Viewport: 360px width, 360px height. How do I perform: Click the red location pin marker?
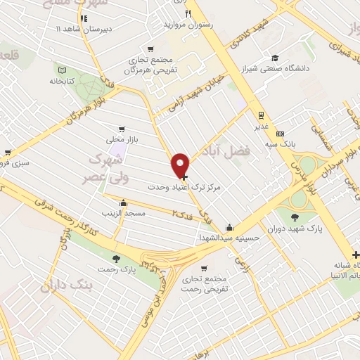click(181, 165)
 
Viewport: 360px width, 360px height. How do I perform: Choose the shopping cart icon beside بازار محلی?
click(122, 129)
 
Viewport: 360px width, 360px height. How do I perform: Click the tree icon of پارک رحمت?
click(116, 259)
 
